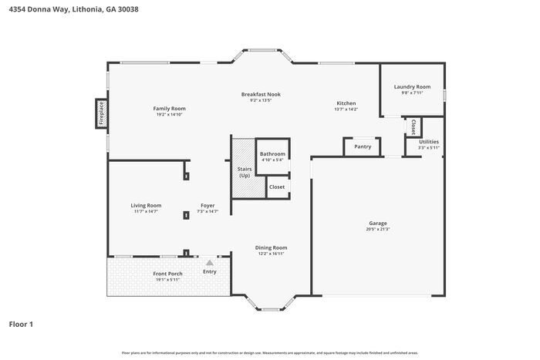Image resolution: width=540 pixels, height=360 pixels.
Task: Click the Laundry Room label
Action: (x=412, y=87)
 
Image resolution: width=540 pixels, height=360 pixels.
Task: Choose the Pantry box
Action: (x=363, y=146)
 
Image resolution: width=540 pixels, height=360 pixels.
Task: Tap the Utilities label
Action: (x=429, y=142)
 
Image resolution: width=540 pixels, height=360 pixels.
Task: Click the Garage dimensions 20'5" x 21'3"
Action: (x=377, y=229)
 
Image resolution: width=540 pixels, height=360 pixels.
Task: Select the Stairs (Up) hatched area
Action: (x=244, y=169)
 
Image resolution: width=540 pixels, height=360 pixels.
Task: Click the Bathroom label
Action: (x=272, y=154)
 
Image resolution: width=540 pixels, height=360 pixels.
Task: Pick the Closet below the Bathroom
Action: (x=276, y=187)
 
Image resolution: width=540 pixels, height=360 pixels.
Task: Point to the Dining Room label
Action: (x=271, y=247)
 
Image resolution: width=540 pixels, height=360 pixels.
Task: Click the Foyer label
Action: (x=208, y=205)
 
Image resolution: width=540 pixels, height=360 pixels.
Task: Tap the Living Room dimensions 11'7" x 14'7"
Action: (x=146, y=211)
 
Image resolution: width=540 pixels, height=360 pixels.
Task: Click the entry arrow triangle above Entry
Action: (x=209, y=263)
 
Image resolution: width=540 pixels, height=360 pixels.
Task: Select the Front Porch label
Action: (x=167, y=274)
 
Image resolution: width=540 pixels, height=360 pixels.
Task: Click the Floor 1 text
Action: (x=21, y=324)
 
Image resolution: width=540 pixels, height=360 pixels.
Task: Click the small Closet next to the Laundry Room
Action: (x=413, y=125)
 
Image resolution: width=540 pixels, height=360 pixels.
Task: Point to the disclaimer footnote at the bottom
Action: (x=269, y=352)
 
